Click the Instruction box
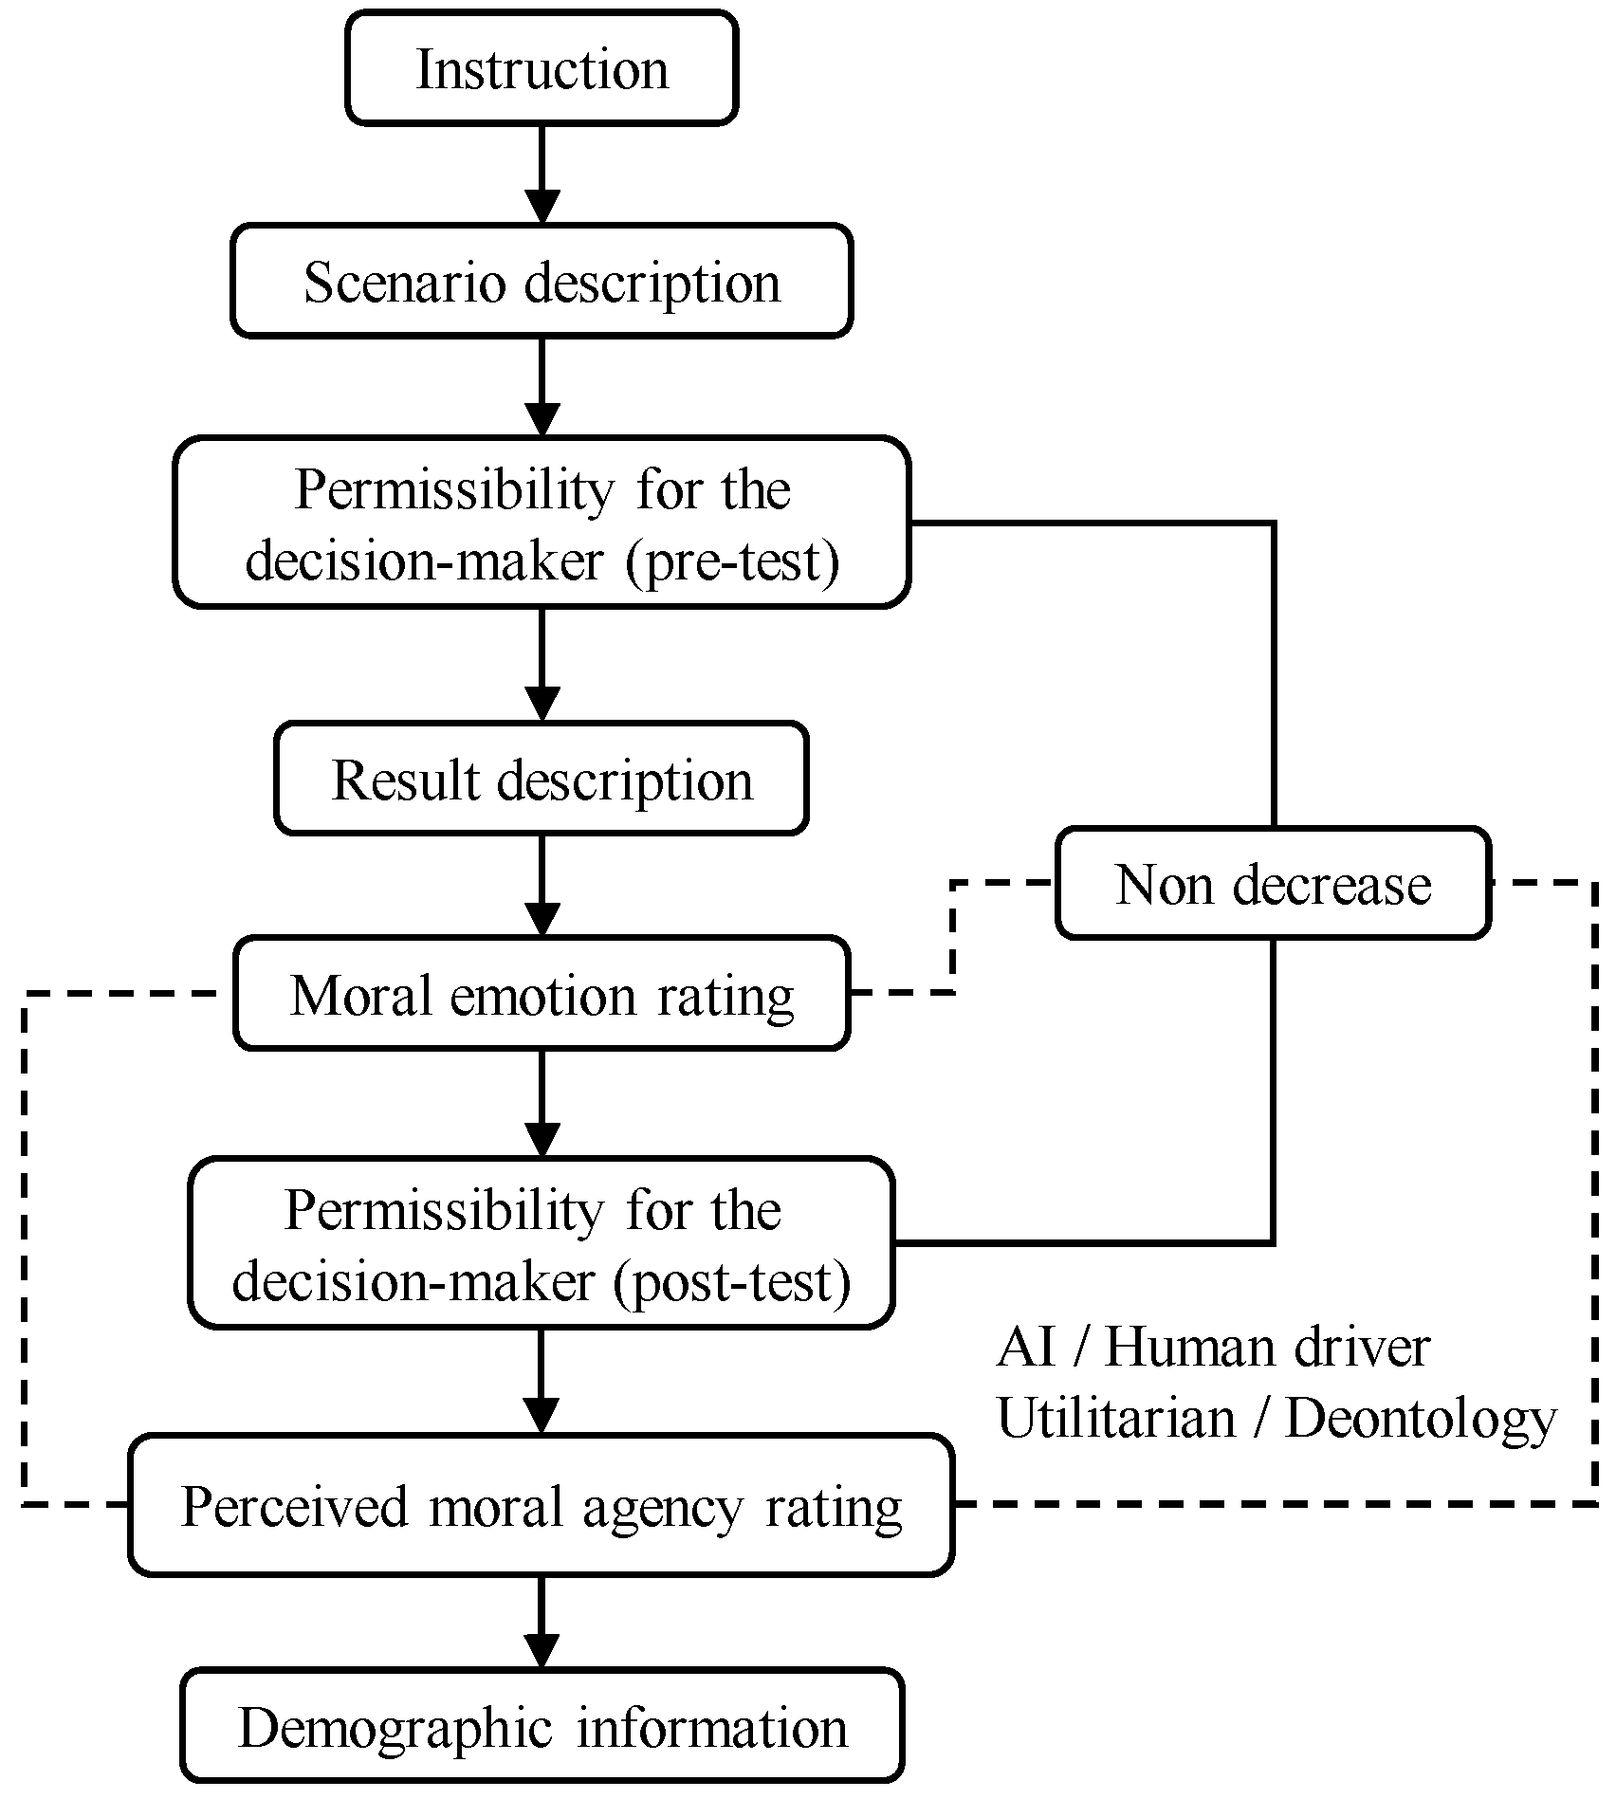point(542,68)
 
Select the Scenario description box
point(542,282)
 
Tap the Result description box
point(542,780)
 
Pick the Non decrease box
point(1273,884)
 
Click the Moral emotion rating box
point(542,995)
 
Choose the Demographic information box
point(542,1727)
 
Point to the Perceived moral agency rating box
point(542,1506)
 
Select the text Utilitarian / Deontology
point(1276,1419)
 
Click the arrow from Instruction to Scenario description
point(542,175)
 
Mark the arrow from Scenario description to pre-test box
point(542,389)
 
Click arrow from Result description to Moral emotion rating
point(542,887)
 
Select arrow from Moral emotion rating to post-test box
point(542,1105)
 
